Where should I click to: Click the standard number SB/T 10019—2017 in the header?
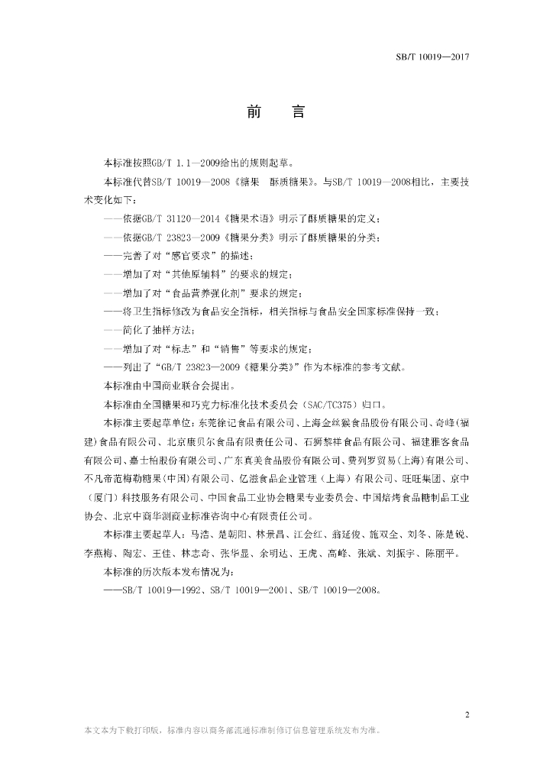click(x=432, y=58)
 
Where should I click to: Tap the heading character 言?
click(x=299, y=112)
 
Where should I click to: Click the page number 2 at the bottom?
click(x=466, y=716)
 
